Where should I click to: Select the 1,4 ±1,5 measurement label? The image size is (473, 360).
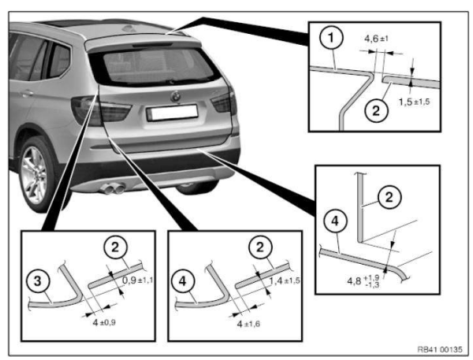coord(274,279)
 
